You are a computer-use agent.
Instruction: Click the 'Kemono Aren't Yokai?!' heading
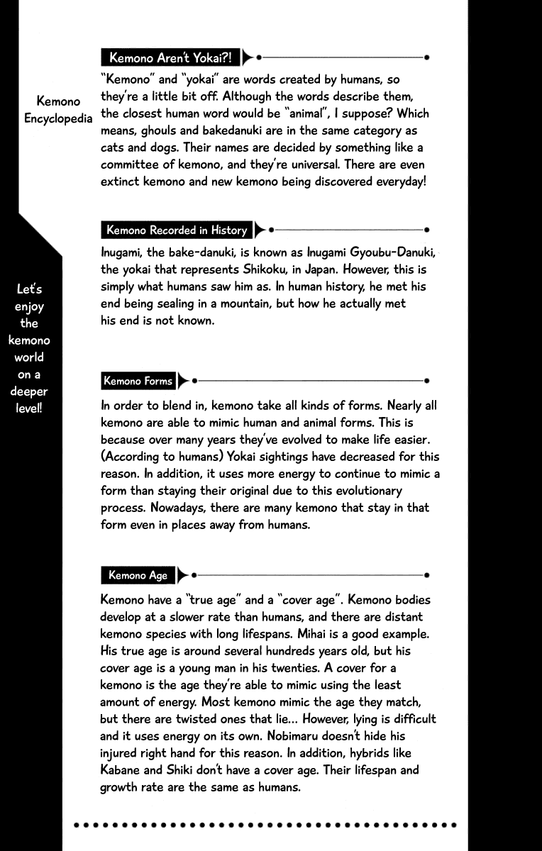pos(170,57)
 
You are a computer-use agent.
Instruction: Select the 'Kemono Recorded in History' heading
pos(177,230)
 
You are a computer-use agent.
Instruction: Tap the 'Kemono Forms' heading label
pos(138,381)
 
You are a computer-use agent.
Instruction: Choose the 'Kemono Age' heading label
pos(138,575)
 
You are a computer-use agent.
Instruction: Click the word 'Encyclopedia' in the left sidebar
pos(58,118)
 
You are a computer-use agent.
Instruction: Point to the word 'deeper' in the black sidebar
pos(29,392)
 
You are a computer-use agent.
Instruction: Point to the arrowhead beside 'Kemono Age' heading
pos(183,575)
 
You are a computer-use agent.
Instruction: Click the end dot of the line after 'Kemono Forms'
pos(426,381)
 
